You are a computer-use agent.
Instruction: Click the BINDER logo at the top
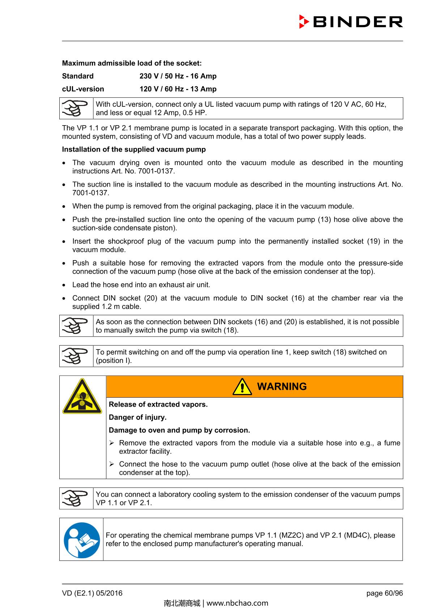tap(351, 22)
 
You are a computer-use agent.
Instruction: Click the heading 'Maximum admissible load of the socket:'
tap(132, 63)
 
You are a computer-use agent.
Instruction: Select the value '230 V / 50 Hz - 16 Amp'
tap(178, 76)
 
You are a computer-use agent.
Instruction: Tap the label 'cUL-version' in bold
tap(83, 89)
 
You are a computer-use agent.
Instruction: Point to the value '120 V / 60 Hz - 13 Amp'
tap(178, 89)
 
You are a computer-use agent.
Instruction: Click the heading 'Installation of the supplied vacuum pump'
tap(134, 149)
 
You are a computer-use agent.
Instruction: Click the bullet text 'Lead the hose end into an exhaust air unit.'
tap(141, 285)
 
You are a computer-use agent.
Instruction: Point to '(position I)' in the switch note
tap(114, 361)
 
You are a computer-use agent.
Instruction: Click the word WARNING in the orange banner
tap(282, 386)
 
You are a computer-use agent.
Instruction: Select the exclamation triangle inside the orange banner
tap(242, 387)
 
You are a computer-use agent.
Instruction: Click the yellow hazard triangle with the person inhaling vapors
tap(82, 397)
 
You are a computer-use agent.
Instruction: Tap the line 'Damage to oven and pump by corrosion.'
tap(179, 430)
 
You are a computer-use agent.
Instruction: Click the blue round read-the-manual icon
tap(82, 539)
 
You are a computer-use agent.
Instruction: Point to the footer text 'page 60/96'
tap(384, 593)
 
